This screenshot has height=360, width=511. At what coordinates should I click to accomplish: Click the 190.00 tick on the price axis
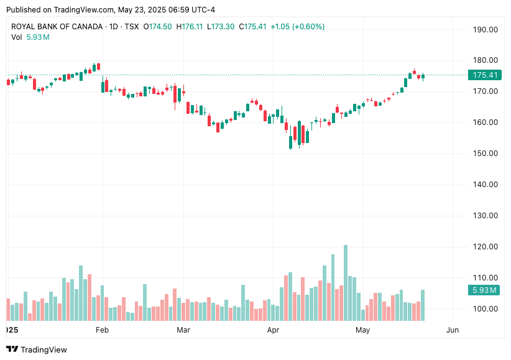(x=485, y=29)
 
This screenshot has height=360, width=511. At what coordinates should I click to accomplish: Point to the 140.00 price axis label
(x=485, y=185)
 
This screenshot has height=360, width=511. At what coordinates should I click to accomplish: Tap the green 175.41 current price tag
(x=484, y=75)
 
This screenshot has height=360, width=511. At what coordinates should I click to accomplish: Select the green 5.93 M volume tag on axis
(x=484, y=290)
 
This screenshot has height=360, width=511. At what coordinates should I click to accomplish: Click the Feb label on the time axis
(x=102, y=330)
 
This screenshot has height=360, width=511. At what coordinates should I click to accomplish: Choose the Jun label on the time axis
(x=453, y=330)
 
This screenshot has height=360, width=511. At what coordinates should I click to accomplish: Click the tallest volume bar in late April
(x=345, y=283)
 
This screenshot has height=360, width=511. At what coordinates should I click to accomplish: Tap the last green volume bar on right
(x=423, y=305)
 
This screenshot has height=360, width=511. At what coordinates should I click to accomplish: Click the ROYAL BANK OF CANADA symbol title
(x=56, y=27)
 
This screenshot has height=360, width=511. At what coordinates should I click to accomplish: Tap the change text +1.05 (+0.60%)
(x=297, y=27)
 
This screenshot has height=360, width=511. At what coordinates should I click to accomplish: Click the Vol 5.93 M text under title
(x=30, y=37)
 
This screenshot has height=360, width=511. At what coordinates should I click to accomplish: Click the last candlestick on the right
(x=423, y=77)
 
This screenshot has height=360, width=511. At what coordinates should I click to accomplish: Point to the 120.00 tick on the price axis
(x=485, y=247)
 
